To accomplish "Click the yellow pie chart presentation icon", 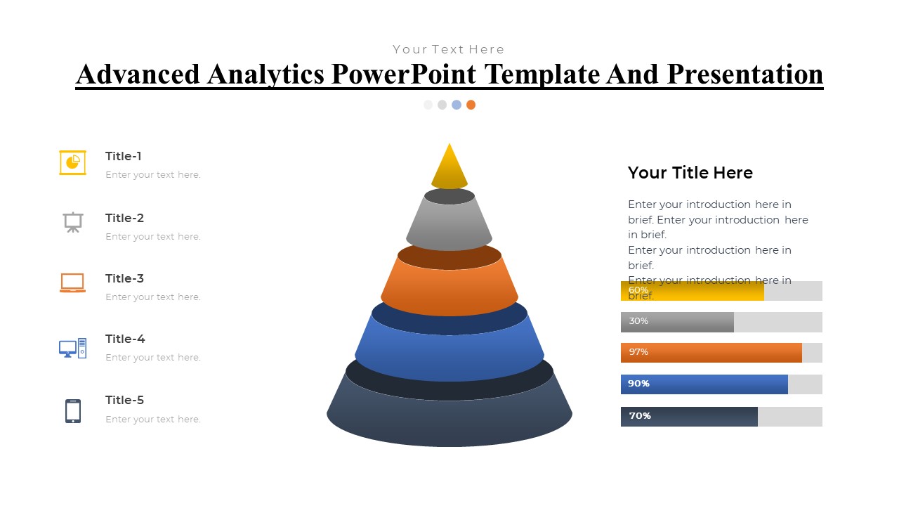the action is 72,162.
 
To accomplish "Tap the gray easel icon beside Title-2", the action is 73,222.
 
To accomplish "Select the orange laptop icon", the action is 72,283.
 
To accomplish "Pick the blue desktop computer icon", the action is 72,348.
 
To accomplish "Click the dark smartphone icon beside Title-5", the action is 73,411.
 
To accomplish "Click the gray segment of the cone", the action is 449,225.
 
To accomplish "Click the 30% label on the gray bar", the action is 638,321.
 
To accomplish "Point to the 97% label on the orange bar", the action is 638,352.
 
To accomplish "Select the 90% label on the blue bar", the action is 638,384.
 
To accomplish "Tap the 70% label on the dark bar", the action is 640,415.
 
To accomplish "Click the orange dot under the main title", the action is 471,105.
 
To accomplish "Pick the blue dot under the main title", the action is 457,105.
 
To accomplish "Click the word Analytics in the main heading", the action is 265,75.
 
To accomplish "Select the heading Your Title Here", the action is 690,173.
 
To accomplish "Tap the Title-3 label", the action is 124,278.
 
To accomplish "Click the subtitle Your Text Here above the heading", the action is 449,49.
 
